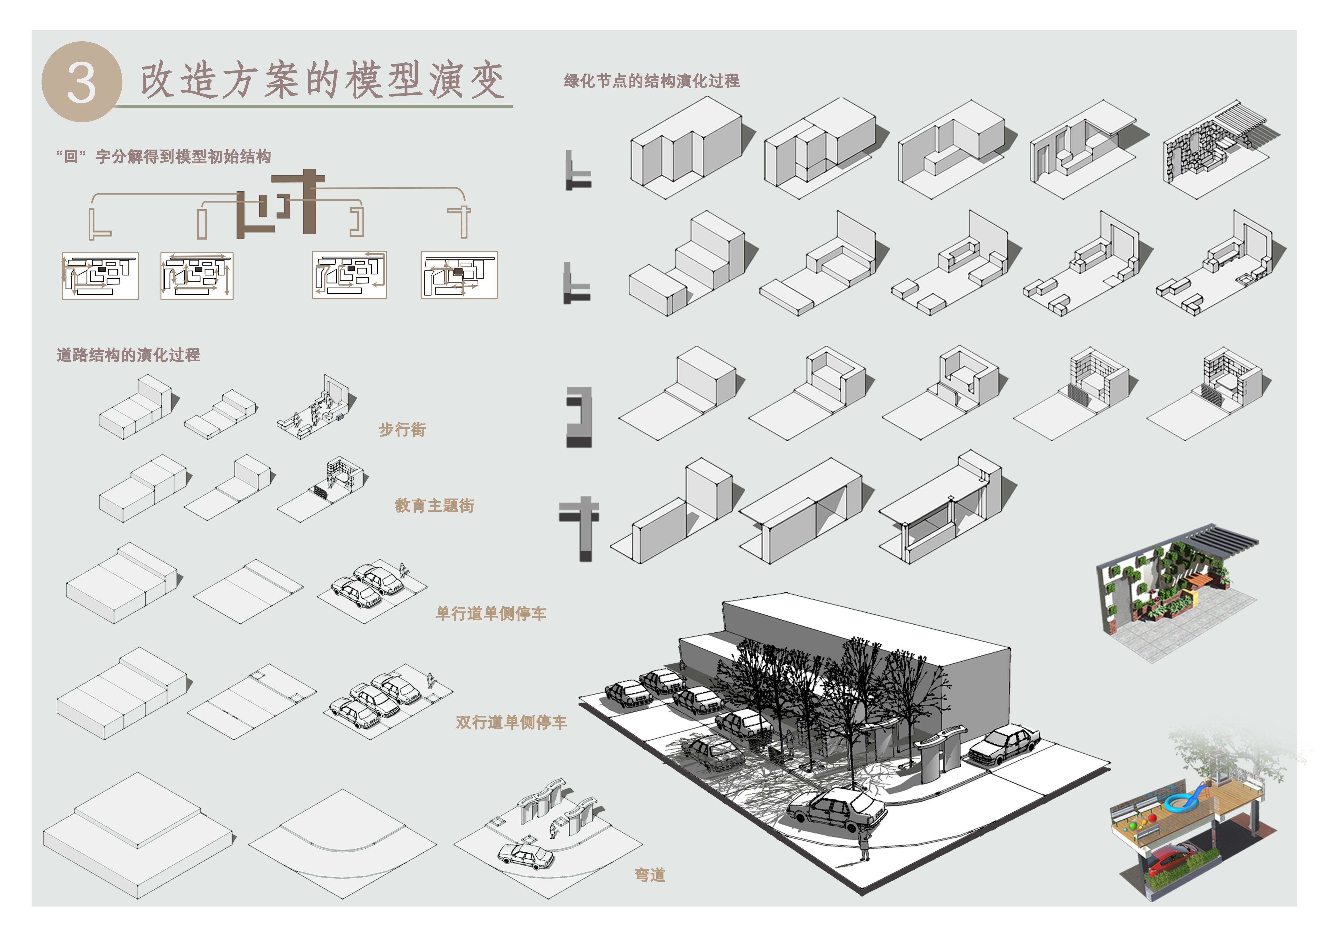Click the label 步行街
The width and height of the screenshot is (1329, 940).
click(402, 430)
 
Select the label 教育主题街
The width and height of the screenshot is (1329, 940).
click(435, 505)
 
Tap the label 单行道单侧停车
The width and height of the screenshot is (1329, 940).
click(491, 614)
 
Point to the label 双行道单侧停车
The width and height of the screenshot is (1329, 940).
click(511, 722)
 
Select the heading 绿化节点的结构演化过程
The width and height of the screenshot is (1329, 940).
click(652, 81)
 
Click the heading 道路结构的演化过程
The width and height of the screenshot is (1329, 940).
click(129, 355)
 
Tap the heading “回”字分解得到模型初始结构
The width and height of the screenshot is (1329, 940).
click(164, 156)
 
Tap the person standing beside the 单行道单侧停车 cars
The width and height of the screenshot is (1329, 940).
click(402, 570)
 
